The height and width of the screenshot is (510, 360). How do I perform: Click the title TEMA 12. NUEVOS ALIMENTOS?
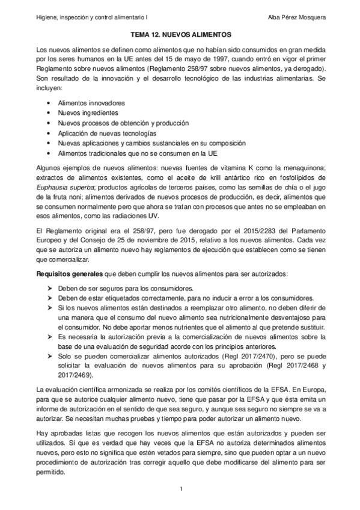pyautogui.click(x=180, y=36)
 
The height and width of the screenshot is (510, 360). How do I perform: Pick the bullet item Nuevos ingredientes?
pyautogui.click(x=88, y=113)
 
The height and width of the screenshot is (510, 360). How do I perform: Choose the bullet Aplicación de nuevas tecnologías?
pyautogui.click(x=107, y=133)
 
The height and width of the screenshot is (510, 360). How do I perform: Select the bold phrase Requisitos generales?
pyautogui.click(x=69, y=274)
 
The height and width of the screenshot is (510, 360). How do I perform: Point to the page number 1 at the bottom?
pyautogui.click(x=180, y=494)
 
